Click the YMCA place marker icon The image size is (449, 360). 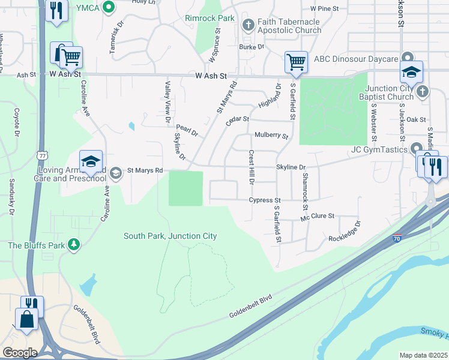click(x=109, y=7)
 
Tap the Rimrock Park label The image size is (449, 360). click(x=209, y=18)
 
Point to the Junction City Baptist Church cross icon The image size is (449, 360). click(x=422, y=92)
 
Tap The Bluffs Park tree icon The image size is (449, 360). click(x=74, y=245)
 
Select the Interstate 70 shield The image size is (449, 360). click(x=397, y=238)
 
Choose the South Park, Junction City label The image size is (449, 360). click(x=170, y=236)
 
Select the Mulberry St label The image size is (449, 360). click(x=271, y=136)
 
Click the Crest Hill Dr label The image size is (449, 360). click(x=252, y=167)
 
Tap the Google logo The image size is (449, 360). click(x=20, y=352)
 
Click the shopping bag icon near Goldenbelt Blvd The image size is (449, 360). click(x=27, y=319)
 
